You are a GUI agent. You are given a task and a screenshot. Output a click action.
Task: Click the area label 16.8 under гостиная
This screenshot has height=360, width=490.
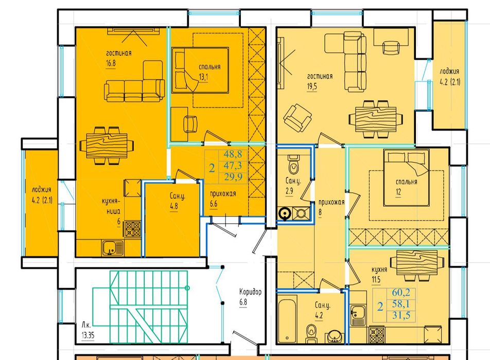point(111,63)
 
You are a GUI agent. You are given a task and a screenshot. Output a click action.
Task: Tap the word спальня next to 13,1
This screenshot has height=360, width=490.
point(209,67)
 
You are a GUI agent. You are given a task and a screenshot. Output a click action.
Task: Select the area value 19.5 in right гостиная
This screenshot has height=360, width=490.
point(312,86)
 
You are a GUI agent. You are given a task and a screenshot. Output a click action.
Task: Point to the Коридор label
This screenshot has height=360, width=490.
point(250,292)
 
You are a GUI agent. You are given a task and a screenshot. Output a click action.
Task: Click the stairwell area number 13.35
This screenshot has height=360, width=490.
point(88,336)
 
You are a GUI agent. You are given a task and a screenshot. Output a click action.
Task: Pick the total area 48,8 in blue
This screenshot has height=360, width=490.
point(233,154)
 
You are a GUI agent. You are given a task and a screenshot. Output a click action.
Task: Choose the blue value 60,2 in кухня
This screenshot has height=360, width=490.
point(401,293)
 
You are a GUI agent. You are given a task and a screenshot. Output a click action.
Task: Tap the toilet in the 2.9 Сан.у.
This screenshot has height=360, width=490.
point(293,165)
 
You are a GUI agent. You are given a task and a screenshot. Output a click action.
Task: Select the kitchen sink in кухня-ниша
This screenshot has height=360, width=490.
point(112,248)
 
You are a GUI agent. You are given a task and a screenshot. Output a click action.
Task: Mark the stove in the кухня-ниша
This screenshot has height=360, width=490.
point(132,229)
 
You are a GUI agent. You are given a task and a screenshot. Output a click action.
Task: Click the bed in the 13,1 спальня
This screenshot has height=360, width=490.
point(200,70)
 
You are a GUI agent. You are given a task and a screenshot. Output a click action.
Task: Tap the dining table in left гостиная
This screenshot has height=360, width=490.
point(107,146)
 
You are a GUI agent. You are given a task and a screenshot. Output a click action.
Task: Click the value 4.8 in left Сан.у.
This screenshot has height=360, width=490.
point(174,206)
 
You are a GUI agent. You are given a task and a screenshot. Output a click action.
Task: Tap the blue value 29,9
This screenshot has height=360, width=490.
point(233,177)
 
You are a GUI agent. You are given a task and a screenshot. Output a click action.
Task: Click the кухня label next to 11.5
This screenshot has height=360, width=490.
point(379,269)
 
